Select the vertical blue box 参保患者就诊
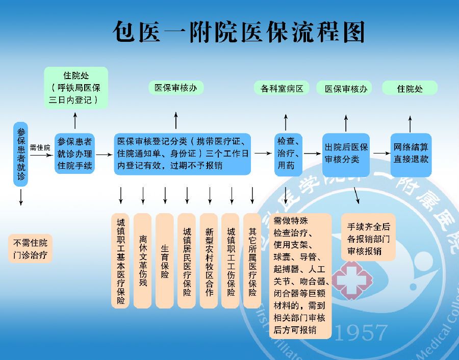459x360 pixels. (x=21, y=154)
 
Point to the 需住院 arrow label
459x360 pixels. (x=40, y=147)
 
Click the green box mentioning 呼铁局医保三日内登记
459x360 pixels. (x=76, y=88)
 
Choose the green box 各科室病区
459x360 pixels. (x=282, y=88)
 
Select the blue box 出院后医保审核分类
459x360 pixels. (x=346, y=153)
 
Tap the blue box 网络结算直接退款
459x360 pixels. (x=411, y=153)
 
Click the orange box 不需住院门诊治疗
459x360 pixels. (x=30, y=249)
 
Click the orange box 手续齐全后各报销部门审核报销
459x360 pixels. (x=368, y=238)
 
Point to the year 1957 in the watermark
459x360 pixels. (x=361, y=333)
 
